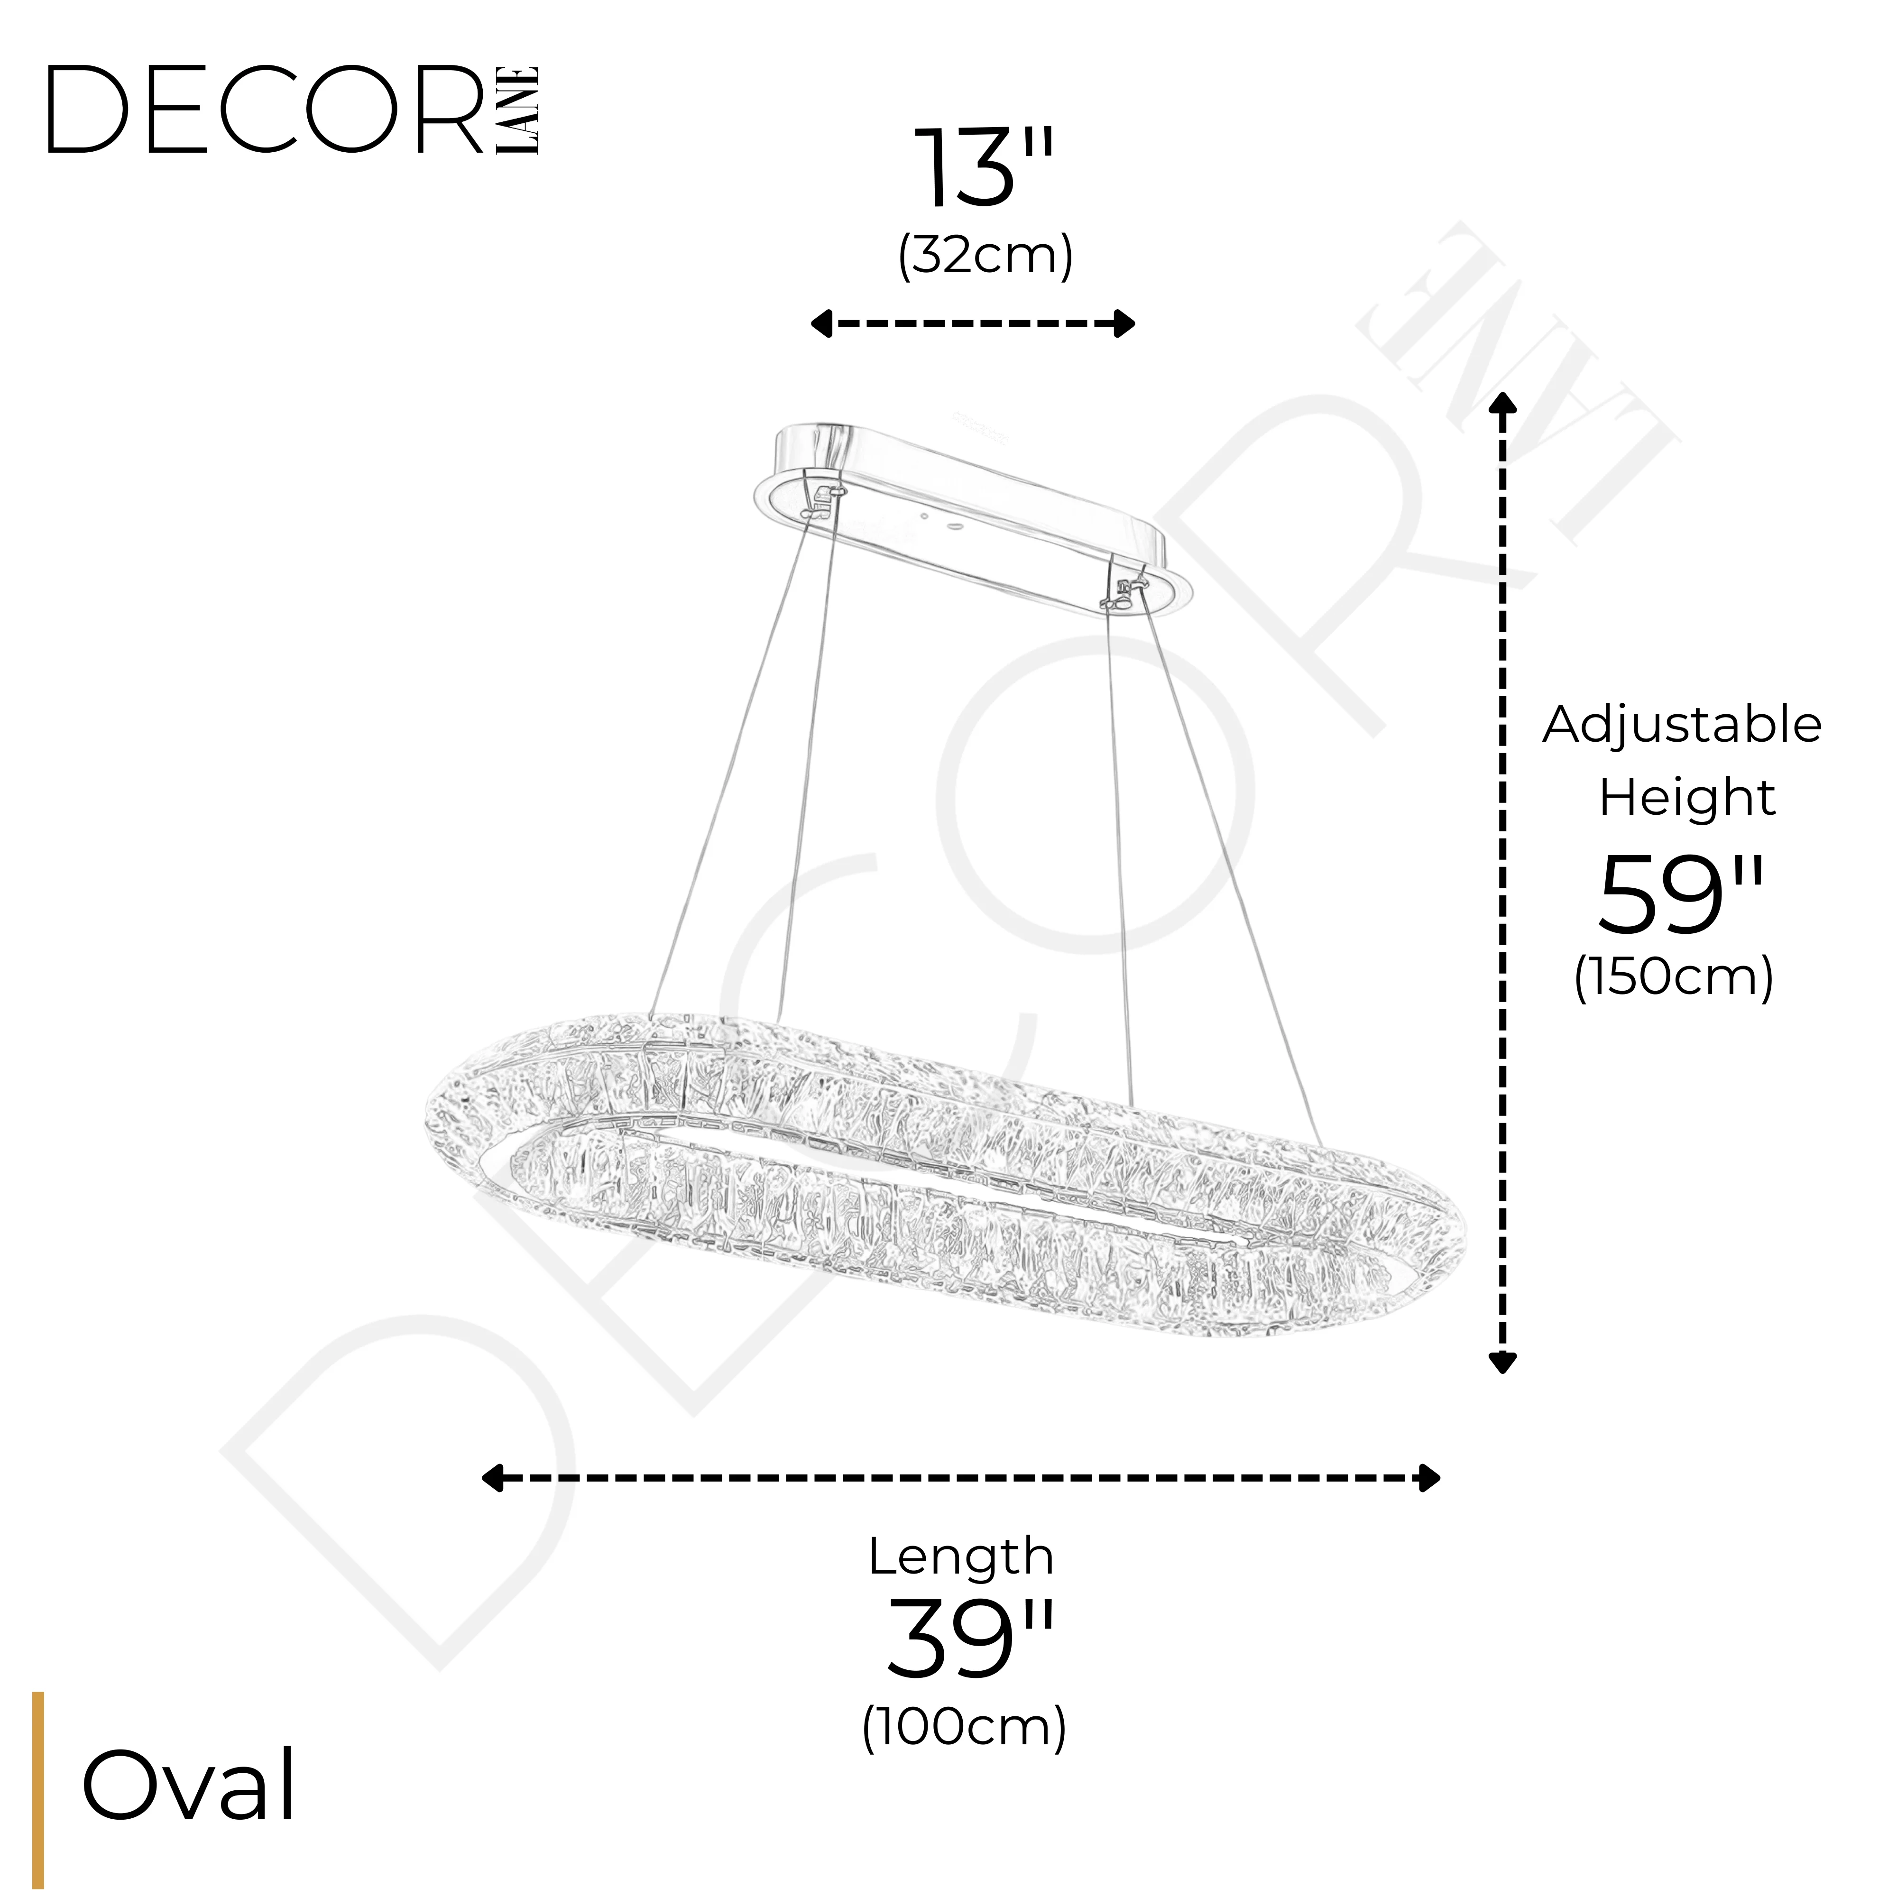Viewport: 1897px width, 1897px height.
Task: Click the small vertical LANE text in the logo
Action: [x=517, y=110]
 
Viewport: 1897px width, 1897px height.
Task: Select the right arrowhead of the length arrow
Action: [x=1428, y=1478]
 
